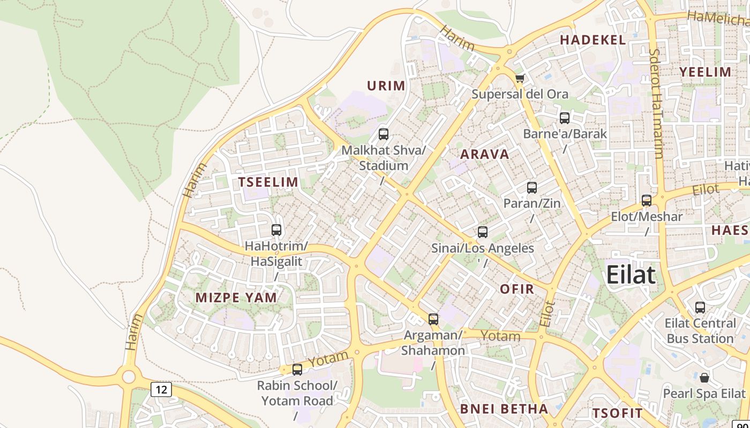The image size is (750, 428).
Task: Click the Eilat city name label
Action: click(631, 275)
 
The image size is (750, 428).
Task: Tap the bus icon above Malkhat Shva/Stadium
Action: click(383, 134)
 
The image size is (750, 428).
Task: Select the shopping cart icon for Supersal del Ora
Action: click(519, 79)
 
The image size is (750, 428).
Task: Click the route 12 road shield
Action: click(161, 389)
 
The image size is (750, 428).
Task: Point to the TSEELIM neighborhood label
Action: click(268, 182)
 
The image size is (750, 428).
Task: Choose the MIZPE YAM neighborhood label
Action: click(236, 298)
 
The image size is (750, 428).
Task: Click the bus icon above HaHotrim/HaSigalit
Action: click(276, 230)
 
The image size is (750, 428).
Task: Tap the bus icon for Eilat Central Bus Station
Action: click(700, 308)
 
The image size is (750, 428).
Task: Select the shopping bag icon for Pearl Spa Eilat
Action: click(704, 378)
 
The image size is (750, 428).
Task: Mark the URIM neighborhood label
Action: click(386, 86)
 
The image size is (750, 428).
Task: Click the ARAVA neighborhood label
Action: click(484, 155)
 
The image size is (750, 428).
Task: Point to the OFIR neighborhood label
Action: click(517, 289)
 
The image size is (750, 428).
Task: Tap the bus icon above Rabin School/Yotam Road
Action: click(297, 370)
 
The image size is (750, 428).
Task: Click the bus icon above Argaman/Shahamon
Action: click(433, 319)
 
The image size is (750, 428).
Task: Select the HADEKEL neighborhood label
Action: click(592, 40)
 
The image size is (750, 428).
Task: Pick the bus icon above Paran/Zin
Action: click(531, 188)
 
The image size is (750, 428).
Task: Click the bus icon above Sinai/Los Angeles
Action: click(482, 232)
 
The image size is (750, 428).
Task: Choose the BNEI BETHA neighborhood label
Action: click(504, 409)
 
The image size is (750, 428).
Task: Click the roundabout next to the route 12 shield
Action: click(129, 377)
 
